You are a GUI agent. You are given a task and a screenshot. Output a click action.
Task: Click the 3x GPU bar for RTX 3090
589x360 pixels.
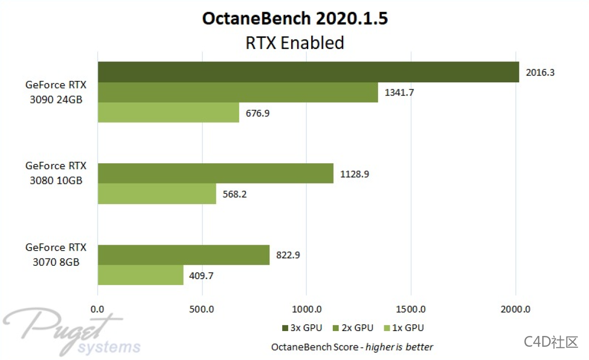[x=308, y=72]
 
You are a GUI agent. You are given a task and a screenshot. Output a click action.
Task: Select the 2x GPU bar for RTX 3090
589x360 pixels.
[x=238, y=92]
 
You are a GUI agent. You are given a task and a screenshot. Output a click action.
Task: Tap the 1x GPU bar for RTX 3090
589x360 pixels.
[x=168, y=113]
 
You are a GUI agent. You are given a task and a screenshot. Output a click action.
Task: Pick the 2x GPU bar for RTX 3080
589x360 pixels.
[x=215, y=174]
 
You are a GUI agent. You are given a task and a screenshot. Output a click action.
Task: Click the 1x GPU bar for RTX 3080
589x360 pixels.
[x=157, y=194]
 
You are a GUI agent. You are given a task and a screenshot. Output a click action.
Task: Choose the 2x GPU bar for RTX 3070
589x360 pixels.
[x=184, y=255]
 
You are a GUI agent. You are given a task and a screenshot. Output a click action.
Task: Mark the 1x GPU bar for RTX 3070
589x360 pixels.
[x=140, y=275]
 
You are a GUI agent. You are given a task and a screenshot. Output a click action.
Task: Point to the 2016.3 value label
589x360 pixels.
[x=540, y=73]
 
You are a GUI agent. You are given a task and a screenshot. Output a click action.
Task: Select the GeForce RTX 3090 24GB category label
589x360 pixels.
[x=56, y=92]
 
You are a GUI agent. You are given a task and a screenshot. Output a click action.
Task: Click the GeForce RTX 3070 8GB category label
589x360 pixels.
[x=56, y=255]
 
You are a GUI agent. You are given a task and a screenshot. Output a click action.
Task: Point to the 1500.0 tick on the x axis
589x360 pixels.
[x=411, y=309]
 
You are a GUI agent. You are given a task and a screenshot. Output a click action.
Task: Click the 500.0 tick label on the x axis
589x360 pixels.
[x=203, y=309]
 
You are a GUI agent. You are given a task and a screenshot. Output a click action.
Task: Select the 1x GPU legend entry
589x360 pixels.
[x=404, y=328]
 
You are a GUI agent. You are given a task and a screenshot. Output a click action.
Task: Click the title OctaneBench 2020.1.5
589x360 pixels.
[x=295, y=19]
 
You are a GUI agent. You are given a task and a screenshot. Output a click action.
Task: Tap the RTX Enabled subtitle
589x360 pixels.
[x=295, y=43]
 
